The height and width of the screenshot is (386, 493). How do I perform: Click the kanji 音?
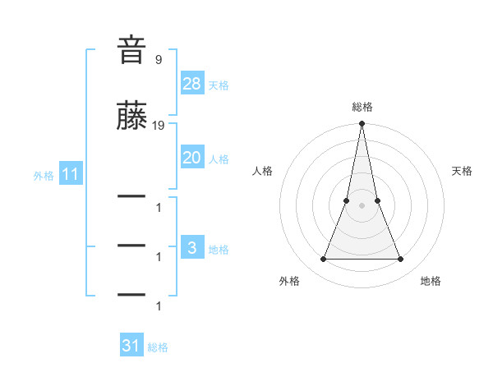(x=132, y=50)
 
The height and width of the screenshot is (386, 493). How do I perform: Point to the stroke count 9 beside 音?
(x=159, y=59)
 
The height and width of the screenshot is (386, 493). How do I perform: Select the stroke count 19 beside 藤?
(x=159, y=126)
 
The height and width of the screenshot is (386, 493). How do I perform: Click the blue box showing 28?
(x=191, y=84)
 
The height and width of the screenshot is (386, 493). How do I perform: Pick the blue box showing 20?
(x=191, y=158)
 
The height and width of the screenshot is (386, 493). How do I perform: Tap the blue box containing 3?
(x=191, y=248)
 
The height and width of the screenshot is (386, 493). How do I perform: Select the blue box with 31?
(x=131, y=346)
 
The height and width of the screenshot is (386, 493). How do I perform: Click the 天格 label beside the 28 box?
(x=219, y=85)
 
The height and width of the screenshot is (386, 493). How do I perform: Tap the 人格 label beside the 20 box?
(x=219, y=159)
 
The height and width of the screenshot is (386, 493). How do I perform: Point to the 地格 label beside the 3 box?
(x=219, y=249)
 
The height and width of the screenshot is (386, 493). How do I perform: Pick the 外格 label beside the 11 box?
(x=44, y=176)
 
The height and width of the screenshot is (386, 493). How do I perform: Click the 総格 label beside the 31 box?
(x=158, y=347)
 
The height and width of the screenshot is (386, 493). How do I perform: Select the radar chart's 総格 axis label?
(x=362, y=107)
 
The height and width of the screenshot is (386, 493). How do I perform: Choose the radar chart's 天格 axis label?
(x=462, y=171)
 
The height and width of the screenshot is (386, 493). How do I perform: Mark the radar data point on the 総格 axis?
(x=362, y=124)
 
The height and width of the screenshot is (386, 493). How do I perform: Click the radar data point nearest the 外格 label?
(x=323, y=260)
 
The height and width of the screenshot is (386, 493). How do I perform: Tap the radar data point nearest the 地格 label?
(x=400, y=260)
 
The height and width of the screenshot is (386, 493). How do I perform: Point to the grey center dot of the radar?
(x=362, y=206)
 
